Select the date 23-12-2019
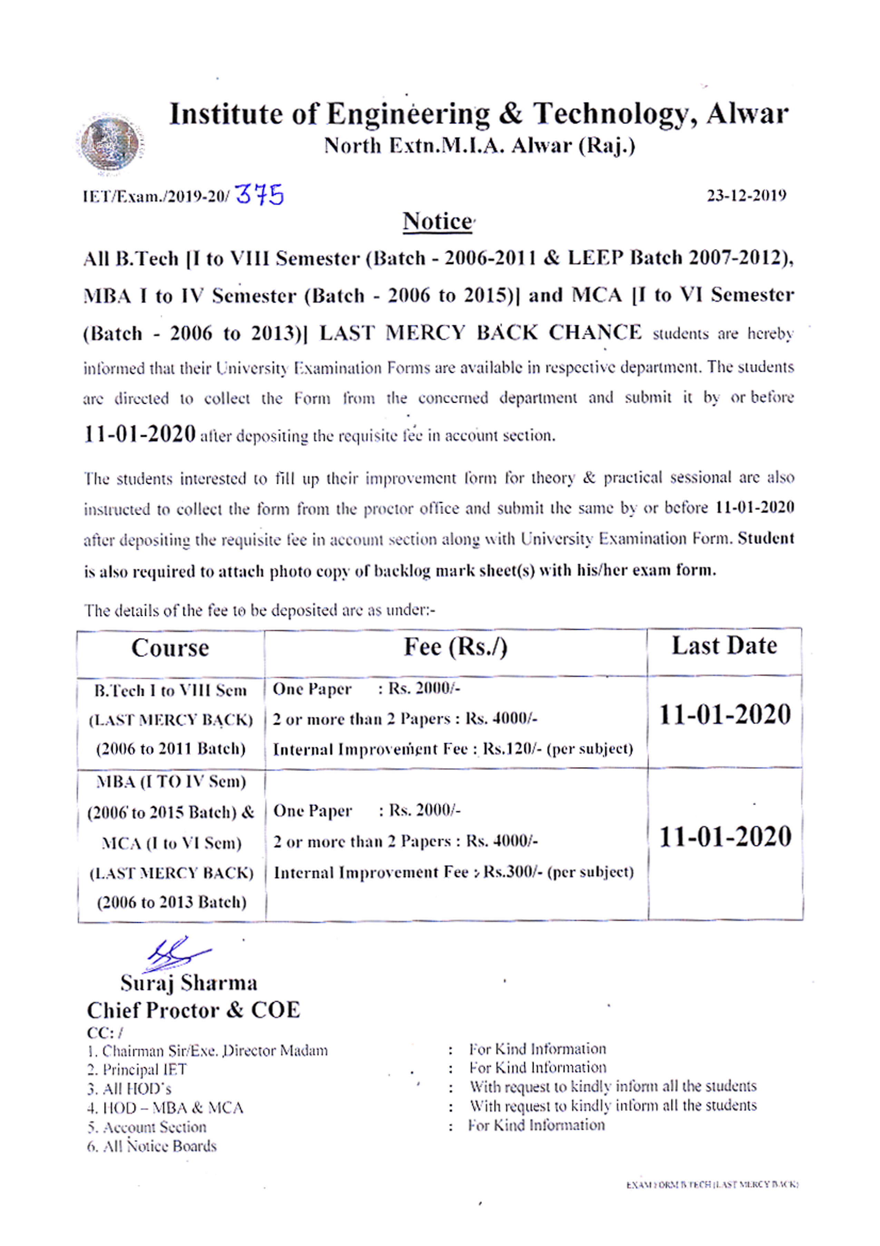(x=746, y=195)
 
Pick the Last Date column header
(x=724, y=646)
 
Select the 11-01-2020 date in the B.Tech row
(x=725, y=715)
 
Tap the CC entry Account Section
(x=147, y=1127)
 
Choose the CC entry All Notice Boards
(x=152, y=1146)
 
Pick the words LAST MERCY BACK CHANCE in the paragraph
(x=480, y=332)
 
